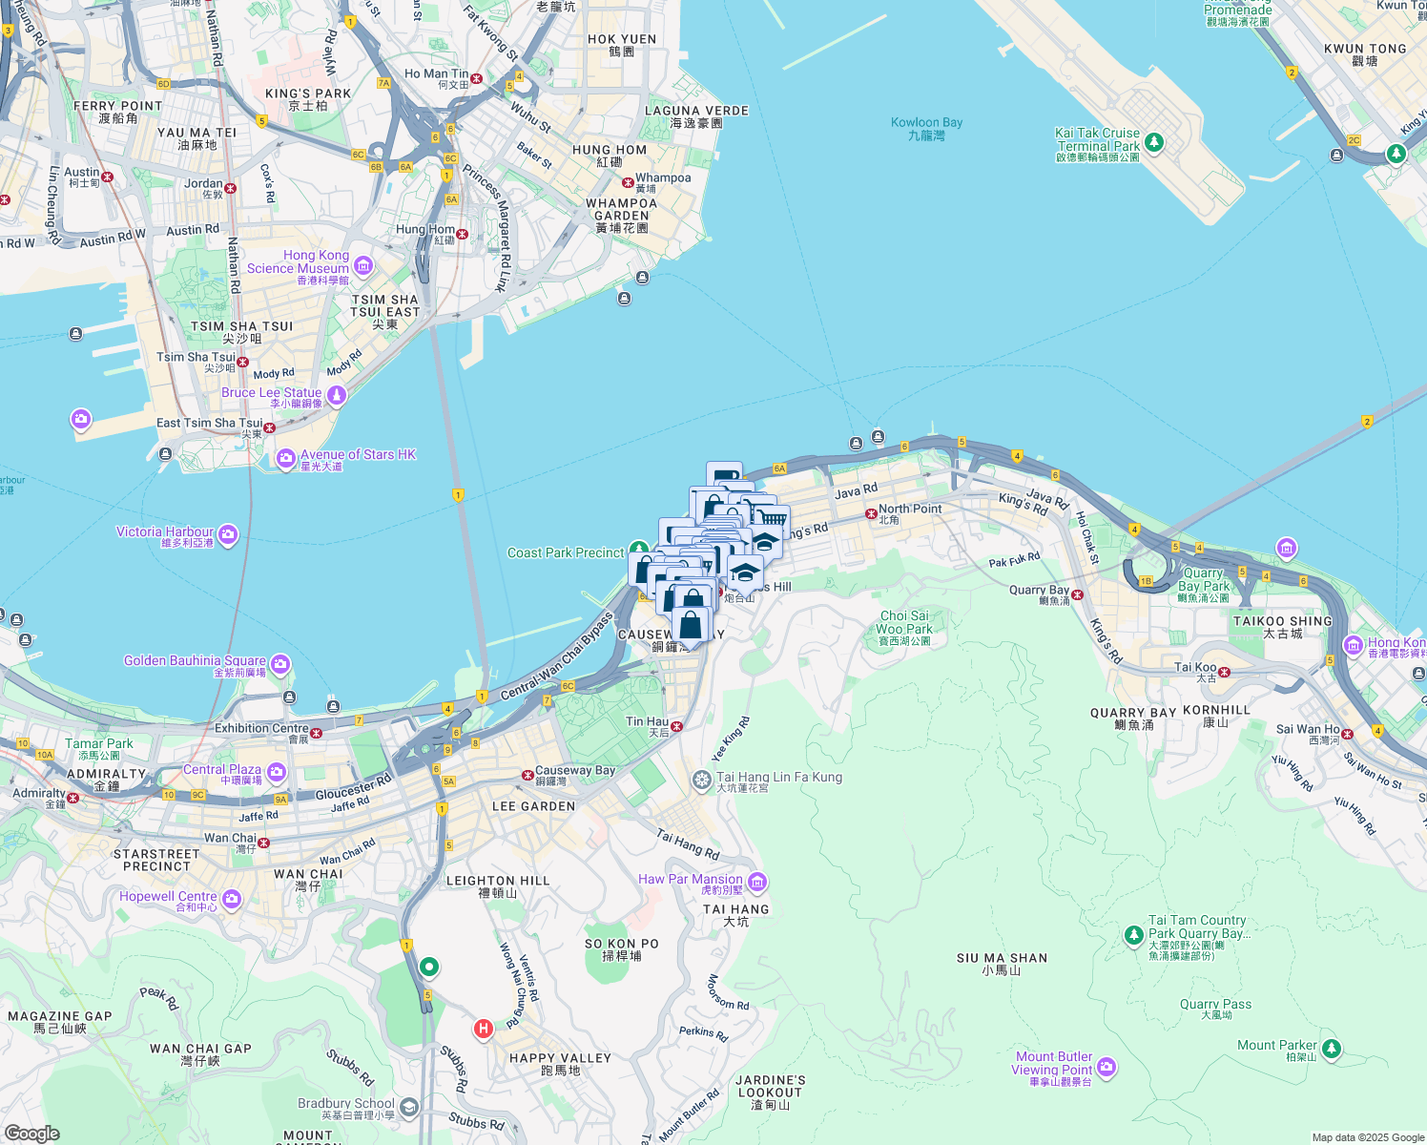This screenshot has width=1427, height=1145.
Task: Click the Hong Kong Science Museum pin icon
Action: pos(363,265)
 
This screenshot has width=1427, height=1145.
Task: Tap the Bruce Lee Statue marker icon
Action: pos(336,395)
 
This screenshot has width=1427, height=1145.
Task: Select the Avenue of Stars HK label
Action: pos(358,455)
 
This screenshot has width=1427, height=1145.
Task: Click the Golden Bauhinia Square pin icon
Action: pos(280,663)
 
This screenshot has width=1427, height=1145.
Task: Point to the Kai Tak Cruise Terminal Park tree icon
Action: pos(1154,143)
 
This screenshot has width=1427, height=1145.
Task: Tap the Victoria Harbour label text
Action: pos(165,532)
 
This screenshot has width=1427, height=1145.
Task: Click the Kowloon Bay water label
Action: pos(926,123)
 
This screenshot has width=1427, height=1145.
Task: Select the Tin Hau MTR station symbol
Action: pos(676,727)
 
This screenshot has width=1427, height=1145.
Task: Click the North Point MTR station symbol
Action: pos(871,513)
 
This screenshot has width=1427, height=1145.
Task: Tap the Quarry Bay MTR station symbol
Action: pos(1077,595)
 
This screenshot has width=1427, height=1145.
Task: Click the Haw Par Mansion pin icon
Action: pos(756,881)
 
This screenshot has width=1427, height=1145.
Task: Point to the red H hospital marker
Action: pos(484,1029)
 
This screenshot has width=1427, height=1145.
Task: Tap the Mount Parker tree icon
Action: pos(1332,1049)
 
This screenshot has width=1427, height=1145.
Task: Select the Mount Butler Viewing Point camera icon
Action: pos(1106,1066)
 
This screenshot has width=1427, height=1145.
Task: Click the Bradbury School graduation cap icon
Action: pos(409,1107)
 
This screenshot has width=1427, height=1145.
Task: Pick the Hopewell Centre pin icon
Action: pos(232,899)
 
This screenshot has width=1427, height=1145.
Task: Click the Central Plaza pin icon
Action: pos(276,772)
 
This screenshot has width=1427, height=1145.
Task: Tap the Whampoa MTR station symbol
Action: pos(628,182)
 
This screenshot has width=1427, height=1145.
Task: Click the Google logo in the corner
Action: pos(31,1134)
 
